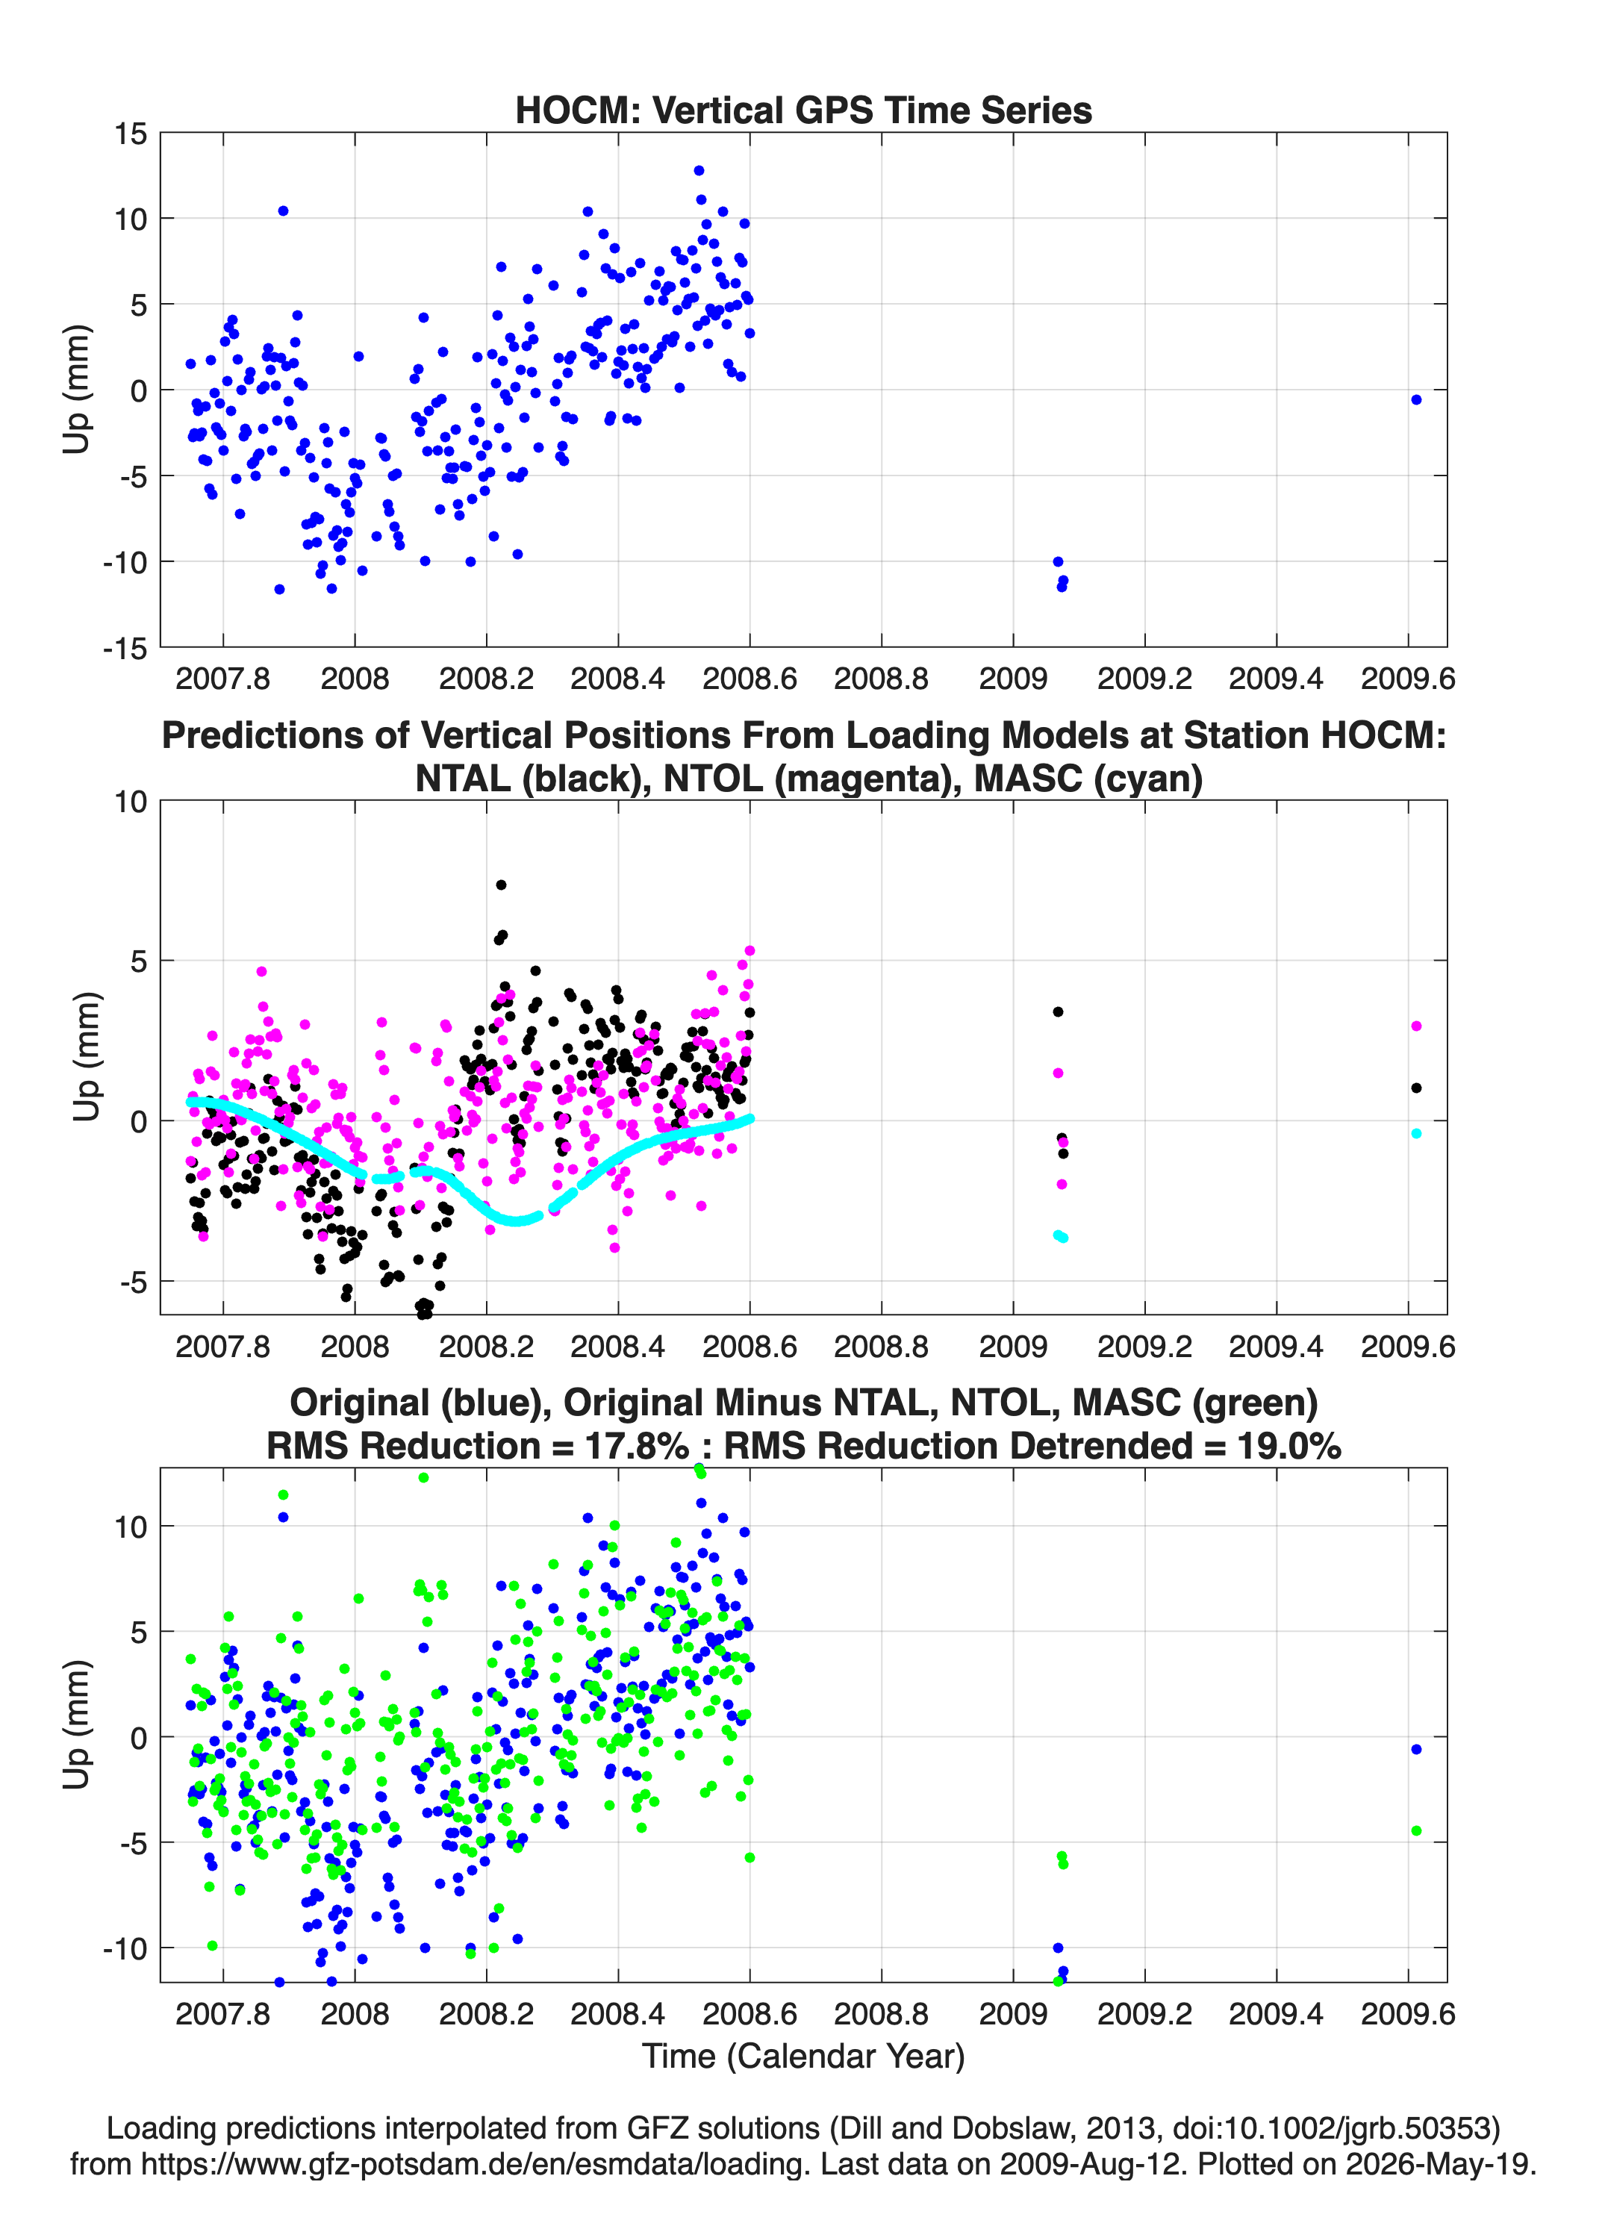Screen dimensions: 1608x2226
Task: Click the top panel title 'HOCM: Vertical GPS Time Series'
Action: pos(803,110)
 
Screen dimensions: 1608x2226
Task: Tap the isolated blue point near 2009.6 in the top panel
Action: pos(1415,399)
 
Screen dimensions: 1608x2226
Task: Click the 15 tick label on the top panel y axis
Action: pos(131,134)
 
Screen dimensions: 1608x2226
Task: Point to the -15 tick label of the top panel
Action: pos(125,648)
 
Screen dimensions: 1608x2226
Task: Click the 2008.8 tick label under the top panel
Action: pos(881,679)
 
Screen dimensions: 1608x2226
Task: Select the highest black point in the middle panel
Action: pos(501,885)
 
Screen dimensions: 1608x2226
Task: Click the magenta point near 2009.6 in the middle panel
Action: pos(1415,1026)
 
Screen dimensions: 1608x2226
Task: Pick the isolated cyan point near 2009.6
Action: pos(1415,1134)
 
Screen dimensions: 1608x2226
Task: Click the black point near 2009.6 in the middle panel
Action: pos(1415,1088)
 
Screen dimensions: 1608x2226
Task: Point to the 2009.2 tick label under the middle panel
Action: pos(1144,1347)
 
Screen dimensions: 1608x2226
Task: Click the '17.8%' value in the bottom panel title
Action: pos(637,1446)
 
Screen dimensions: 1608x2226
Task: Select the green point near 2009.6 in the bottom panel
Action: pos(1415,1830)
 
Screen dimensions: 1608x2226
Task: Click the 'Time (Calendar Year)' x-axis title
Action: pos(803,2057)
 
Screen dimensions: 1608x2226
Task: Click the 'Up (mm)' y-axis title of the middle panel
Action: pos(87,1057)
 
